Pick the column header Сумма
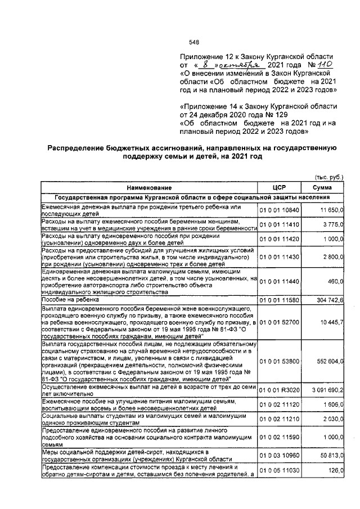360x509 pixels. pyautogui.click(x=323, y=187)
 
